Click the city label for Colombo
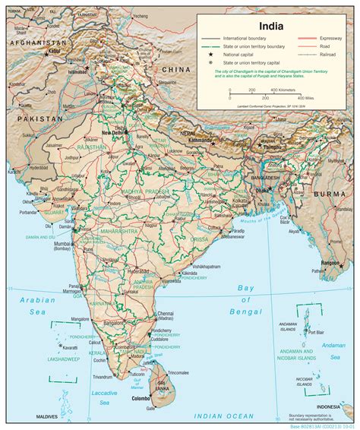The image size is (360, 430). point(140,397)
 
